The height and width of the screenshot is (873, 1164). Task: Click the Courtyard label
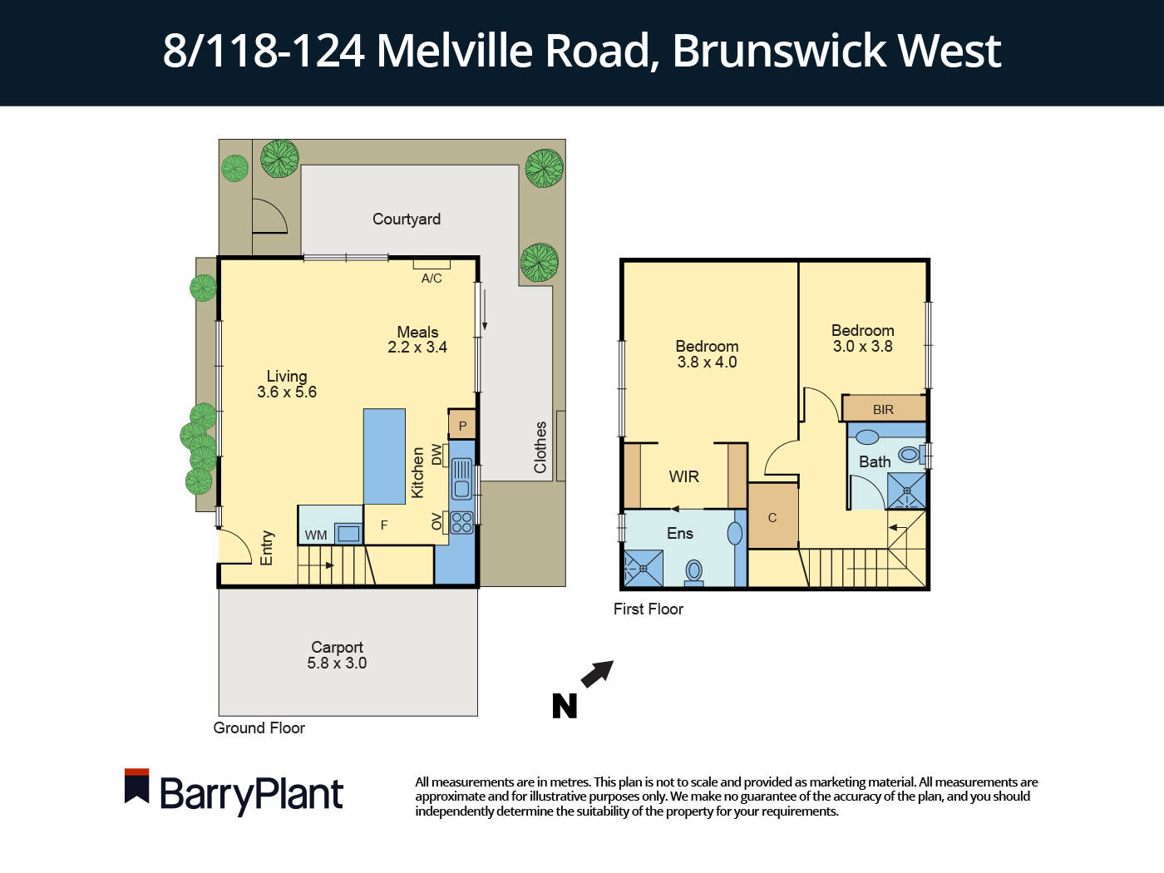[406, 219]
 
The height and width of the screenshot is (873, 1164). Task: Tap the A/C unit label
[432, 278]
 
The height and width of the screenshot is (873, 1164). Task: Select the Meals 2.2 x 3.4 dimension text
[417, 348]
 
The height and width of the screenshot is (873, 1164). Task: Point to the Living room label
[287, 377]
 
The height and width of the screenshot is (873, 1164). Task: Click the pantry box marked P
[462, 426]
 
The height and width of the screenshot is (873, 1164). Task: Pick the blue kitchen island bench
[384, 456]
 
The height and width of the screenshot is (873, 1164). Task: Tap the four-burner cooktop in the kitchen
[461, 522]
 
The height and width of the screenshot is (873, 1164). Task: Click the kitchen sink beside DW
[461, 480]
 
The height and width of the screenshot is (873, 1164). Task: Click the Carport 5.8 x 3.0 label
[337, 655]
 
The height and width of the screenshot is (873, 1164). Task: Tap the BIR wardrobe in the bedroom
[883, 409]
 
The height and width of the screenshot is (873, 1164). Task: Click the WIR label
[683, 476]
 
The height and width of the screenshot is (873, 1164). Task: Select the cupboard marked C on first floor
[772, 517]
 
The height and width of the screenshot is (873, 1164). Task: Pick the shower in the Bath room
[906, 491]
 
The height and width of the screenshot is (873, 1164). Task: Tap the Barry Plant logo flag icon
[136, 786]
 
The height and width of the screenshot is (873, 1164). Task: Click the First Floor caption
[648, 609]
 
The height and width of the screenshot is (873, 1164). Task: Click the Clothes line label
[540, 447]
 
